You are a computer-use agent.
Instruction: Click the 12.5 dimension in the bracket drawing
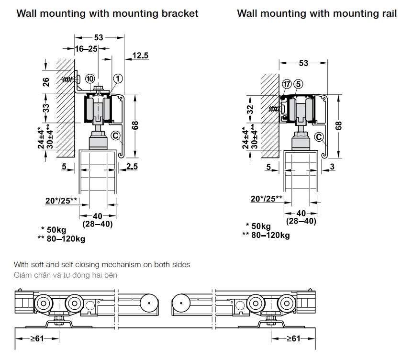(140, 56)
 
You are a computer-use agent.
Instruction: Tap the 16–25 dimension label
(86, 48)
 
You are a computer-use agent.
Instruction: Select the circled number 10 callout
(90, 79)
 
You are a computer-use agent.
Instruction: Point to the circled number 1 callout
(118, 79)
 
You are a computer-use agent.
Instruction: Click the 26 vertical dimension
(46, 82)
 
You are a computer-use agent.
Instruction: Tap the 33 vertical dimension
(46, 109)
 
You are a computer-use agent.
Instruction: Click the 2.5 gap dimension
(133, 166)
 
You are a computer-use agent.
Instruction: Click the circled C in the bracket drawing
(115, 135)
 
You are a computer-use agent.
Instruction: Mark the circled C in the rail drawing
(319, 136)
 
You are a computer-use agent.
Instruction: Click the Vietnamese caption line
(65, 275)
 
